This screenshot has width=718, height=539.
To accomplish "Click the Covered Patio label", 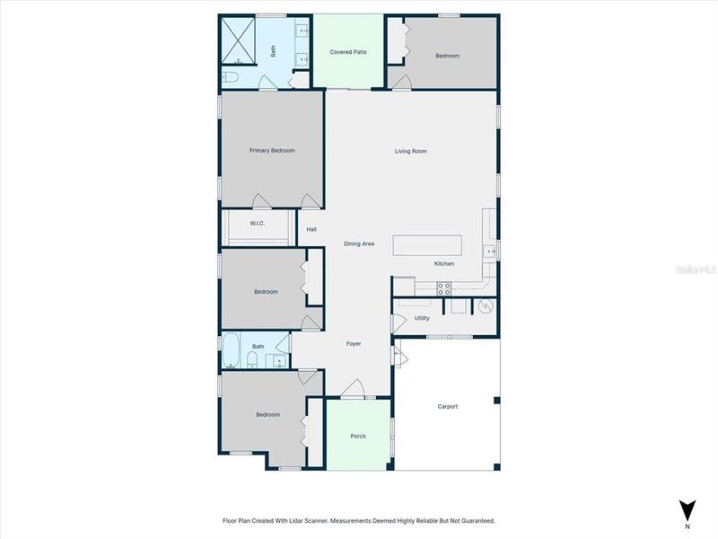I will coord(348,52).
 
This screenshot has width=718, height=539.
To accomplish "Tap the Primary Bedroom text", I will coord(272,150).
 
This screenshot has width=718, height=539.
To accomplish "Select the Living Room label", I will coord(410,151).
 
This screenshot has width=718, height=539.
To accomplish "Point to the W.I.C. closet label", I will coord(256,223).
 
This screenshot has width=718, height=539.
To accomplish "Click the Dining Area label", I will coord(359,243).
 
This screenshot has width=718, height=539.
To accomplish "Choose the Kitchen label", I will coord(444,263).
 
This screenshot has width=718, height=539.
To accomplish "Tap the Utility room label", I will coord(422,318).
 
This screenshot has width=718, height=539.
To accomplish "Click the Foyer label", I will coord(354,343).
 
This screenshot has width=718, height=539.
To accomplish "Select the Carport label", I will coord(447,406).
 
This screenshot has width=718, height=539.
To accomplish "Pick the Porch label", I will coord(358,437).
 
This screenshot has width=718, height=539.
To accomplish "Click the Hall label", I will coord(311,229).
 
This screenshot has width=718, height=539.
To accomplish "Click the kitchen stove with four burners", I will coord(443,288).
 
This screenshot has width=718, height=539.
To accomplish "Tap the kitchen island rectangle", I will coord(427,244).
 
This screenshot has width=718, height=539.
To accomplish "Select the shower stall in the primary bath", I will coord(241,39).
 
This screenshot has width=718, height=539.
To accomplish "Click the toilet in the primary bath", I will coord(231,78).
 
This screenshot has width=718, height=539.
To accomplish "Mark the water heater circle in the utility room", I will coord(486,306).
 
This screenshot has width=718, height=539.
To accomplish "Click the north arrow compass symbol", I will coord(687,509).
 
